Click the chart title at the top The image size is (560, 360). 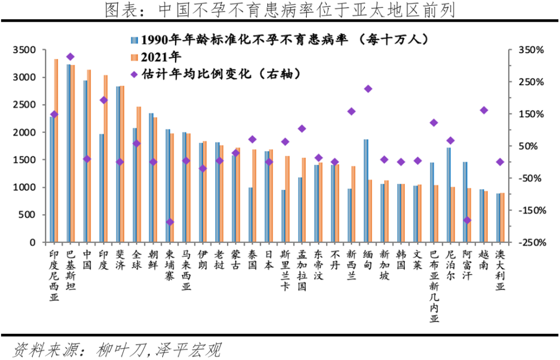[x=279, y=10]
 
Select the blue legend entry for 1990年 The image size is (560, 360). [x=280, y=39]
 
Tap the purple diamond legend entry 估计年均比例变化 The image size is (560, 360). [x=216, y=74]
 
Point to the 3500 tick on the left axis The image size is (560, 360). [x=24, y=50]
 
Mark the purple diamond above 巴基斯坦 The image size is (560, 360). [x=70, y=57]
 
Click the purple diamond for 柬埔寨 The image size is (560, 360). [x=170, y=222]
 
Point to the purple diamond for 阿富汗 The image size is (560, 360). [x=467, y=220]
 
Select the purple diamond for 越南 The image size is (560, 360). [x=484, y=110]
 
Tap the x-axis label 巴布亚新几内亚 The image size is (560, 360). [x=434, y=285]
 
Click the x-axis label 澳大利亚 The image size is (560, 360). [x=500, y=271]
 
